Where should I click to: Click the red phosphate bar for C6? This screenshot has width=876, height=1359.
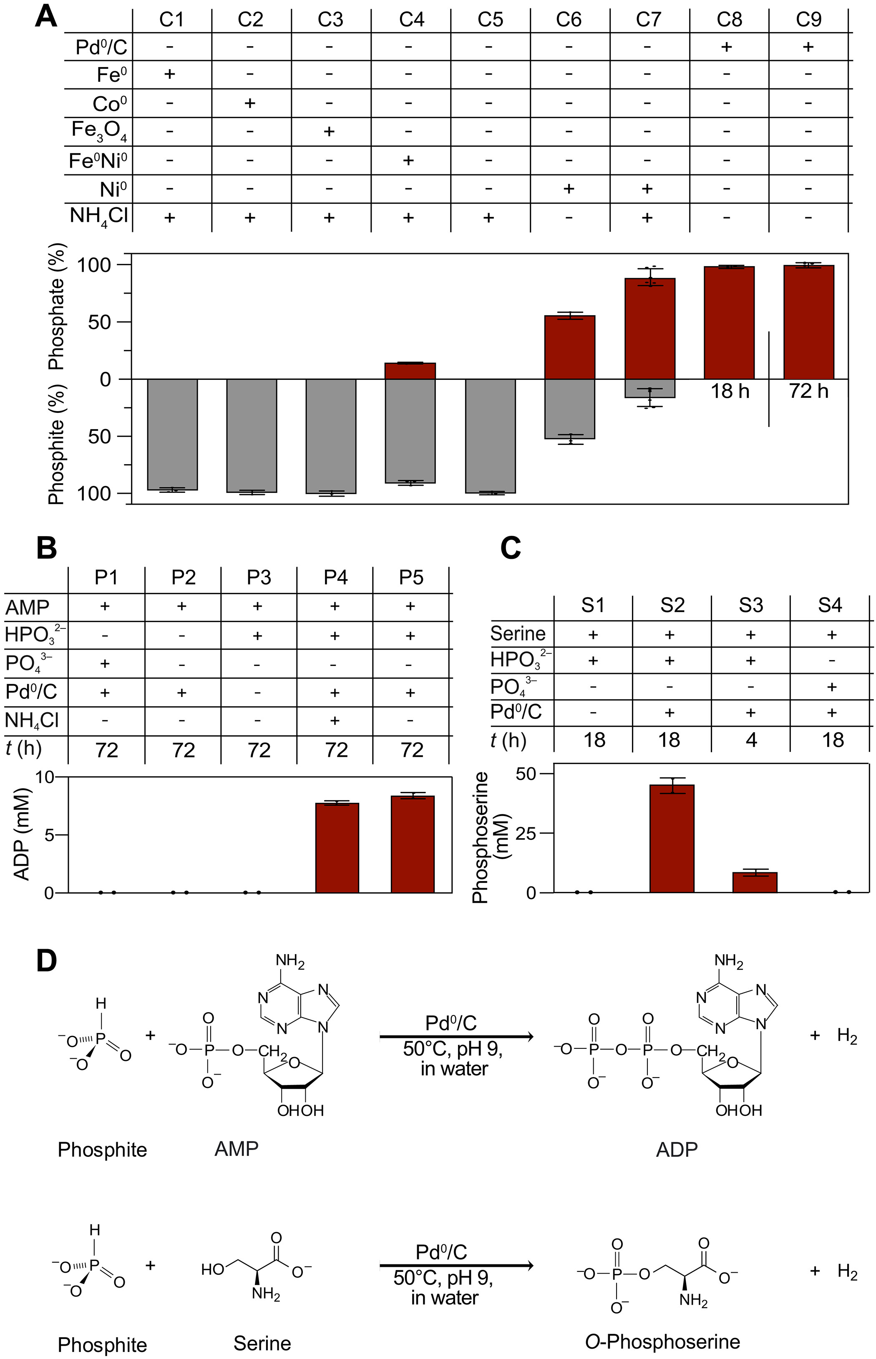coord(569,347)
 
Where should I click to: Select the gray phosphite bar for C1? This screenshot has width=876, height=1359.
coord(172,435)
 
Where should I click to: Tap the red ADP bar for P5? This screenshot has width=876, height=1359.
coord(413,844)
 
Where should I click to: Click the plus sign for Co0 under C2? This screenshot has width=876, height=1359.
coord(250,103)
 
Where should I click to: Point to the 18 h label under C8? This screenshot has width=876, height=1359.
coord(730,391)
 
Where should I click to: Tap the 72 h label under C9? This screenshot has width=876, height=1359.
coord(808,391)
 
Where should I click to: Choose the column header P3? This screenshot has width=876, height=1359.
coord(259,577)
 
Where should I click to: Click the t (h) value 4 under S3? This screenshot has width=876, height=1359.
coord(751,740)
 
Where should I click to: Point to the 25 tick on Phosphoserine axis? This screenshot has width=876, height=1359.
coord(526,833)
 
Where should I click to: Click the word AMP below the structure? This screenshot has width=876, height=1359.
coord(236,1148)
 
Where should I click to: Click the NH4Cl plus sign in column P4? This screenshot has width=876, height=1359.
coord(335,721)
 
